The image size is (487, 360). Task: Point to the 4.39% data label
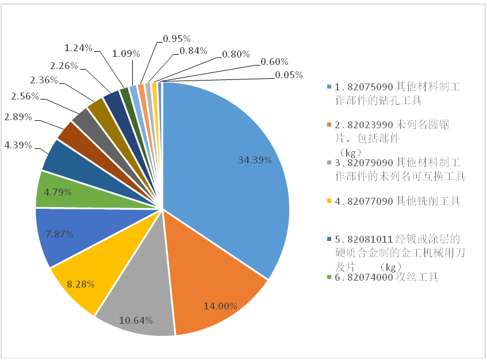point(18,145)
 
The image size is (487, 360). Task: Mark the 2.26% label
point(64,65)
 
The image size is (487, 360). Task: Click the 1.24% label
point(78,48)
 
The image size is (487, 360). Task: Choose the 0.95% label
point(177,39)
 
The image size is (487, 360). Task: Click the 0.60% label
point(274,62)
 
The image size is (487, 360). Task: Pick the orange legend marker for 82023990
point(329,125)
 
